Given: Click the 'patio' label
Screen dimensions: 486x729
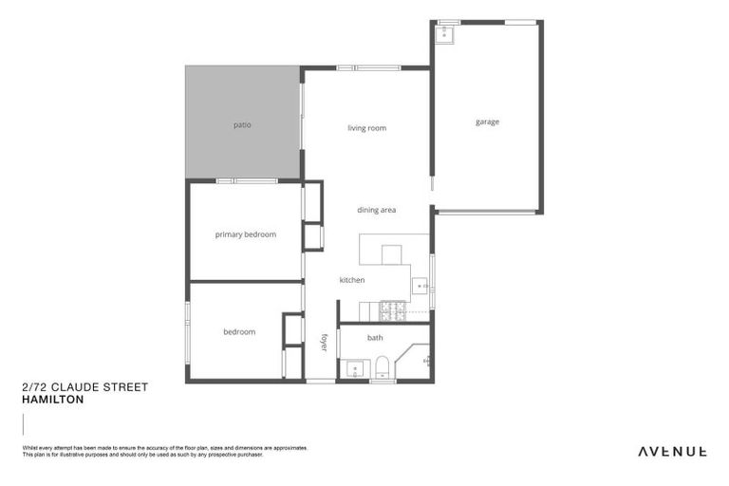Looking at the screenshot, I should (x=242, y=124).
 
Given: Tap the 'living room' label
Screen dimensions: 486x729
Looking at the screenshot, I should (x=366, y=128).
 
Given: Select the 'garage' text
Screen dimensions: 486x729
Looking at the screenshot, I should (x=487, y=121).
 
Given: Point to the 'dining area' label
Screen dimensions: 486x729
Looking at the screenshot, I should (x=376, y=210).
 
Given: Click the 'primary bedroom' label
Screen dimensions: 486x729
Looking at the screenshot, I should (x=245, y=234).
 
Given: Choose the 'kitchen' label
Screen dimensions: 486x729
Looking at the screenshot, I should (x=352, y=280).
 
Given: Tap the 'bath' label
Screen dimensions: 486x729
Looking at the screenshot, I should (x=375, y=337).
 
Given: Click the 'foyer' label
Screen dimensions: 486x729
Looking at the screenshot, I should (x=324, y=343).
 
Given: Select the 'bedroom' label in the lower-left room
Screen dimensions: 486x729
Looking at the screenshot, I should (x=239, y=332).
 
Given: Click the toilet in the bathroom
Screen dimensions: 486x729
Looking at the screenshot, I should (x=382, y=366).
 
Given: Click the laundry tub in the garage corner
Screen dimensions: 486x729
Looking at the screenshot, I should (x=445, y=34).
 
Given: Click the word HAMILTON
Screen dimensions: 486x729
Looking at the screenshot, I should (x=52, y=400).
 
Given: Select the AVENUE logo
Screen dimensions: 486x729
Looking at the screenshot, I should (x=671, y=451).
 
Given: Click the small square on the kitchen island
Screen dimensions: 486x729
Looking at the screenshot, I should (x=392, y=253).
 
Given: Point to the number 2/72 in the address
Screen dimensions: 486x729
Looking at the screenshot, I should (x=34, y=387).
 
